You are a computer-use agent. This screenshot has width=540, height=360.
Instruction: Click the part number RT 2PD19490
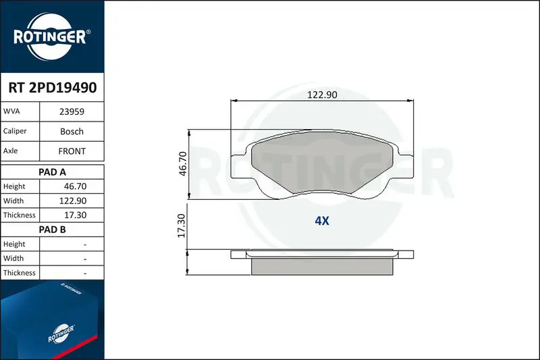[53, 88]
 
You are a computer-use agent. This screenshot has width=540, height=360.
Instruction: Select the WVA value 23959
[72, 111]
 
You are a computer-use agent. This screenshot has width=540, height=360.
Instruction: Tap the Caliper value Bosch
[72, 131]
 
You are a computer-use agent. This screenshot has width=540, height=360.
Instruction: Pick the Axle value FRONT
[72, 151]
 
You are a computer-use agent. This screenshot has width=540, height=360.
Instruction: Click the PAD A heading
[52, 172]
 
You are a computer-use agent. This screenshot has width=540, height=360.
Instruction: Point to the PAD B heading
[52, 230]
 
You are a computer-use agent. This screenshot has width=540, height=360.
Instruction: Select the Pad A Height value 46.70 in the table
[75, 186]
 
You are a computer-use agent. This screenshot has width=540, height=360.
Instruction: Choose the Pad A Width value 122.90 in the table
[73, 201]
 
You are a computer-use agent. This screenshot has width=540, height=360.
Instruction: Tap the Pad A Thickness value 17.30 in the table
[75, 215]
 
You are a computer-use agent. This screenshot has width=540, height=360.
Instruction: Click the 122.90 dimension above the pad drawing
[322, 95]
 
